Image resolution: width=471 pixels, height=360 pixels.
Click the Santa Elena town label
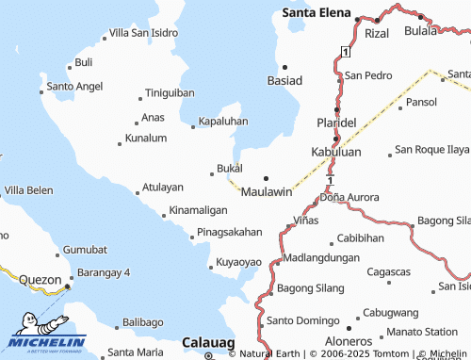tap(317, 13)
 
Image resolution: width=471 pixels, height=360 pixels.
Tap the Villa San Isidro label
tap(144, 33)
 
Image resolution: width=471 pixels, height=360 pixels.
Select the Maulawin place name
tap(267, 191)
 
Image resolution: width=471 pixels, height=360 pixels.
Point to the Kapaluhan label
tap(223, 122)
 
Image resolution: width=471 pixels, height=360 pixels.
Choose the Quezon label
tap(40, 280)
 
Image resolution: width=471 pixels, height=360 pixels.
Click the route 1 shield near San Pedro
tap(346, 50)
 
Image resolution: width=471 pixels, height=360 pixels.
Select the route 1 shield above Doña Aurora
tap(330, 176)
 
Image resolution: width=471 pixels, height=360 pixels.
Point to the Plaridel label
tap(336, 123)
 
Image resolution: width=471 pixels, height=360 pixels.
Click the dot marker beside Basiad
tap(284, 67)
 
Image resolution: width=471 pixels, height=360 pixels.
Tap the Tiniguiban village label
tap(170, 93)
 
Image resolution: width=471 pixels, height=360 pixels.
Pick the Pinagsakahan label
tap(230, 232)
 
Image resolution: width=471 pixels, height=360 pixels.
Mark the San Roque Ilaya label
tap(431, 149)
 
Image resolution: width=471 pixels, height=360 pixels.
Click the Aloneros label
tap(345, 341)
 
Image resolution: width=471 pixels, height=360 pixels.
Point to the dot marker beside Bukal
tap(211, 172)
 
